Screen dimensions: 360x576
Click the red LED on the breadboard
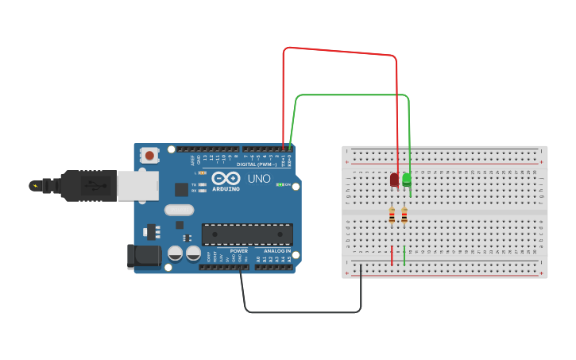(x=394, y=180)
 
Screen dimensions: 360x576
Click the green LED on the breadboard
(x=407, y=180)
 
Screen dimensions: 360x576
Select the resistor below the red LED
(x=392, y=215)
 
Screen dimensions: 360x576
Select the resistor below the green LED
(x=404, y=215)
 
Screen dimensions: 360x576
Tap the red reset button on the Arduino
(x=149, y=156)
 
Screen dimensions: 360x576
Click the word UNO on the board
(x=259, y=179)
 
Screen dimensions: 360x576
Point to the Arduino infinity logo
(x=226, y=178)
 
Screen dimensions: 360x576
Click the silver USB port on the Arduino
(x=137, y=185)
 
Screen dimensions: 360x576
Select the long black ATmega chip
(x=247, y=234)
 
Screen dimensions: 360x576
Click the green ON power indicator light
(x=279, y=184)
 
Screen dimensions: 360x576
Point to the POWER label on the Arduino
(x=238, y=250)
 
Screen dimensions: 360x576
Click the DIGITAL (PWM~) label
(x=257, y=165)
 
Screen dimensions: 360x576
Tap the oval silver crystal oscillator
(x=180, y=211)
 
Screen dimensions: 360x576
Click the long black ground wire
(x=302, y=312)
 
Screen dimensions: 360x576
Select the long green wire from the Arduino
(x=350, y=95)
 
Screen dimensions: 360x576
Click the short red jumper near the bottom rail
(x=392, y=255)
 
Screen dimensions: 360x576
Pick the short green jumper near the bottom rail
(x=404, y=255)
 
